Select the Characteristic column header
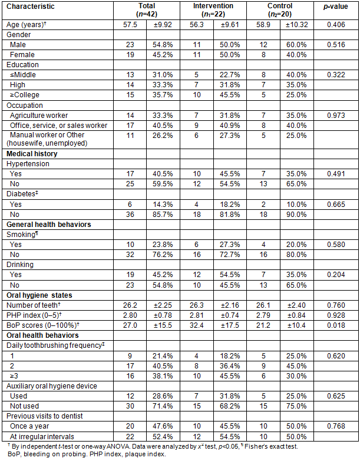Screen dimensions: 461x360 click(x=29, y=6)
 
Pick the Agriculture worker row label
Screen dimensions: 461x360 click(x=41, y=115)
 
